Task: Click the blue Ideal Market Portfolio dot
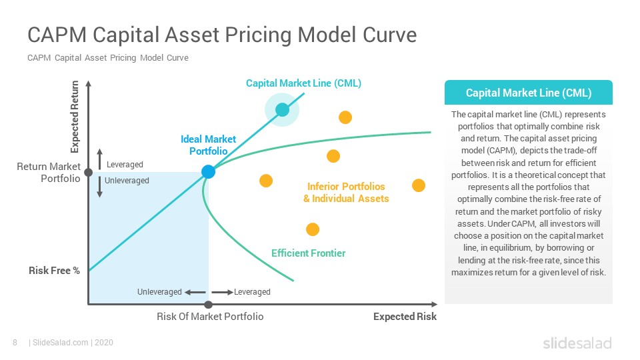[x=208, y=172]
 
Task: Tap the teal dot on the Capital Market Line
[x=282, y=109]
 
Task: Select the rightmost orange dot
[x=419, y=185]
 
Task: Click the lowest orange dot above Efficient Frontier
[x=313, y=229]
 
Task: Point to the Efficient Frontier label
[x=308, y=253]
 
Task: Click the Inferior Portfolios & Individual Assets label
[x=346, y=192]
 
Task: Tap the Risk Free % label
[x=54, y=271]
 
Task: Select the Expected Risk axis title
[x=405, y=316]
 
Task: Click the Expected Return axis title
[x=75, y=117]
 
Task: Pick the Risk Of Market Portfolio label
[x=210, y=316]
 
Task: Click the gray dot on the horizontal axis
[x=208, y=305]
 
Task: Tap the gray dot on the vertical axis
[x=88, y=172]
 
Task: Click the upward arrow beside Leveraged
[x=99, y=159]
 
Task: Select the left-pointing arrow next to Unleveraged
[x=195, y=292]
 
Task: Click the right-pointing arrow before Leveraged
[x=223, y=292]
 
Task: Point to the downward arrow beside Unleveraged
[x=99, y=187]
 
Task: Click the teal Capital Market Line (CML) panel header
[x=529, y=93]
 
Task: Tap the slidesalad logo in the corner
[x=577, y=343]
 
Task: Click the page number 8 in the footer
[x=15, y=343]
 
